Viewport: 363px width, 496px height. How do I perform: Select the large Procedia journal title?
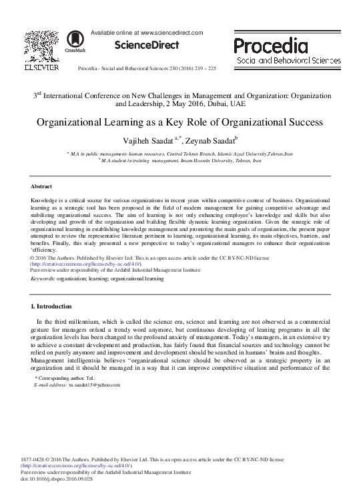pyautogui.click(x=270, y=46)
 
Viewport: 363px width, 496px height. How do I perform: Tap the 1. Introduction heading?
pyautogui.click(x=53, y=306)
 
